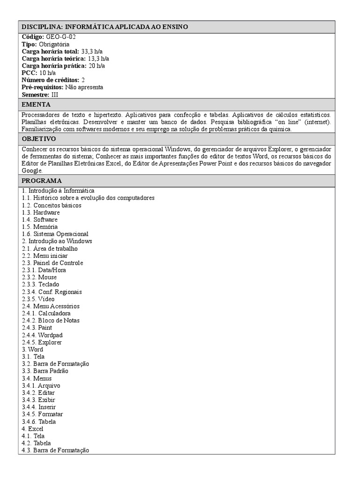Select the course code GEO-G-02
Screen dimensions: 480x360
[60, 37]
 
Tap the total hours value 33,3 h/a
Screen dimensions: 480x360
[97, 51]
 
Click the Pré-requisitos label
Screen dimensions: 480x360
[43, 87]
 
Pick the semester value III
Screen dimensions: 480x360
[55, 95]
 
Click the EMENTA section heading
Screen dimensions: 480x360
[36, 104]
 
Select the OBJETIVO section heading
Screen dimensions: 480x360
[39, 139]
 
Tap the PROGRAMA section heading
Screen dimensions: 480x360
[41, 181]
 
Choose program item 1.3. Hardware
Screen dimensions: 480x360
[41, 212]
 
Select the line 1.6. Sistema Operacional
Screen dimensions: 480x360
[55, 234]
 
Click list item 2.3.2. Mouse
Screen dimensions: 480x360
[39, 277]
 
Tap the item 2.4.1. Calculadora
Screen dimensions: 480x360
[46, 313]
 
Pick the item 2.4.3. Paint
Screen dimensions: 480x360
[37, 328]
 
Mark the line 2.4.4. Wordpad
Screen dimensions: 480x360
[42, 335]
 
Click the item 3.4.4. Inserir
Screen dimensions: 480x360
[39, 407]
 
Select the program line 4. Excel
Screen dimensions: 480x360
[32, 428]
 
